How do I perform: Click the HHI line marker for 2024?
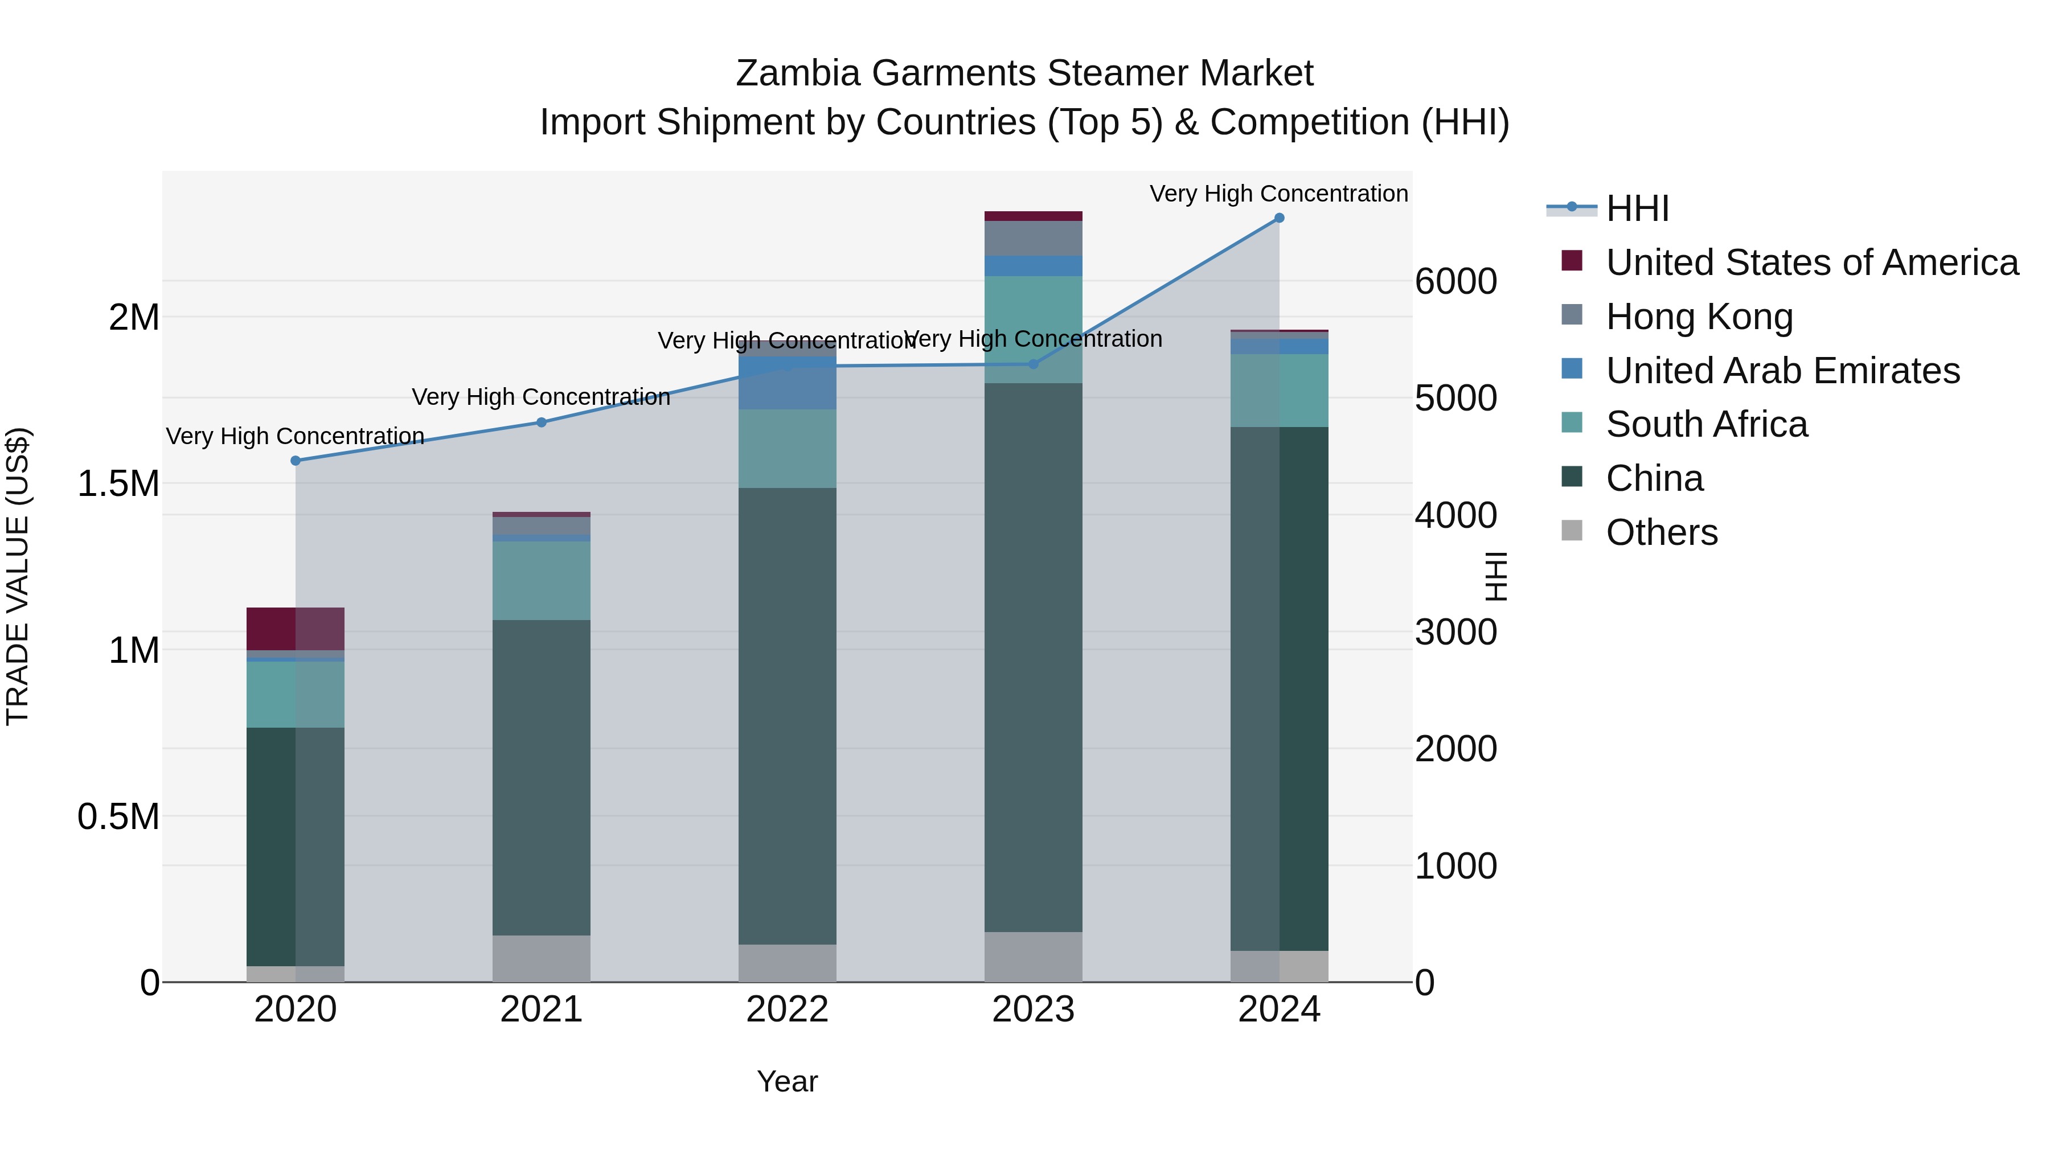(x=1279, y=218)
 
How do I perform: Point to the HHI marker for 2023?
(x=1033, y=364)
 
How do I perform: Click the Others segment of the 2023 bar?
(x=1033, y=957)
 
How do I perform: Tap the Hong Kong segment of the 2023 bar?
(x=1033, y=238)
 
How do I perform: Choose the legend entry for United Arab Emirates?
(x=1782, y=371)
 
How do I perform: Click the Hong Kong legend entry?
(x=1699, y=317)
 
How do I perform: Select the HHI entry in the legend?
(x=1637, y=208)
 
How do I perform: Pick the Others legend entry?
(x=1662, y=532)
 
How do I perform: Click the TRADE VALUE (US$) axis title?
(x=18, y=576)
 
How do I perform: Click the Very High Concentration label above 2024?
(x=1279, y=194)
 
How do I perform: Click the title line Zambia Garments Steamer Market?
(x=1024, y=73)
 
